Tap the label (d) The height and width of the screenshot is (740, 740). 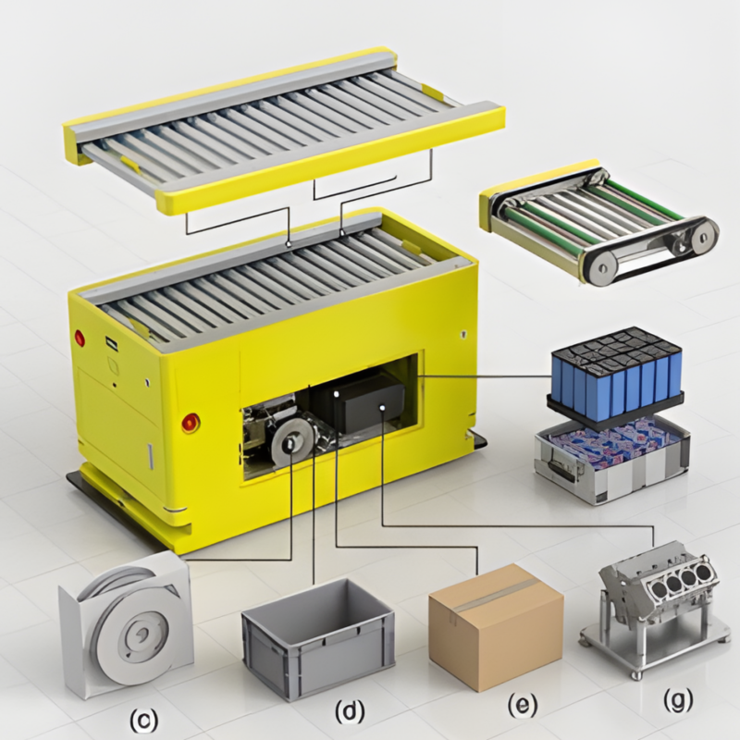point(350,711)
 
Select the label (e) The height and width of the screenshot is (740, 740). point(523,706)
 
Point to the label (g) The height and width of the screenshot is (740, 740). point(678,699)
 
